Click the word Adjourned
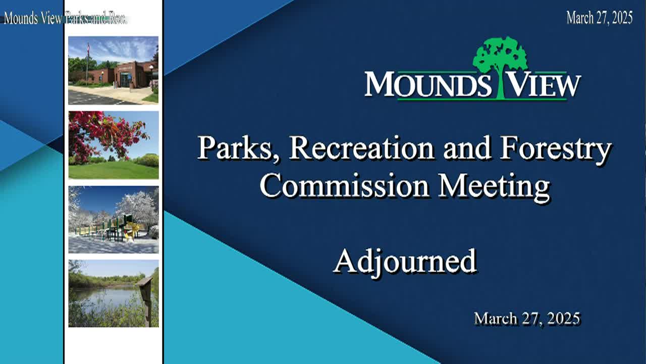click(x=405, y=262)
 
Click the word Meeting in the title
click(x=494, y=187)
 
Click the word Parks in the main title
click(x=237, y=149)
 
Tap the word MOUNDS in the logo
click(x=428, y=84)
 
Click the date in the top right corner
click(x=600, y=18)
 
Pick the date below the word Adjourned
click(x=527, y=318)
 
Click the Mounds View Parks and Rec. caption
click(x=65, y=18)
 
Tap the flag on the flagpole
click(x=88, y=48)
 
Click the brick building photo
click(x=114, y=70)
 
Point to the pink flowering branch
click(x=106, y=133)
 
